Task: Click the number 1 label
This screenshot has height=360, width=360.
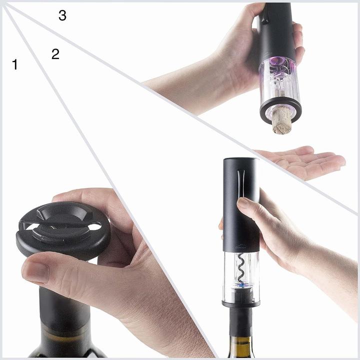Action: tap(14, 64)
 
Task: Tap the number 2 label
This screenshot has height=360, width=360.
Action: tap(55, 54)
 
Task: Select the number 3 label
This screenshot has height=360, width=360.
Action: tap(62, 15)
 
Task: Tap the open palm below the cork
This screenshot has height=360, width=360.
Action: tap(305, 161)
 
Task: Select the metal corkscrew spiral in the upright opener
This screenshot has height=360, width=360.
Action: tap(241, 270)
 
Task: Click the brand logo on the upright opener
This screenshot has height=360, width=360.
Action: tap(240, 246)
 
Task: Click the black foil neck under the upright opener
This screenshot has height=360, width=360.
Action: tap(240, 320)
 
